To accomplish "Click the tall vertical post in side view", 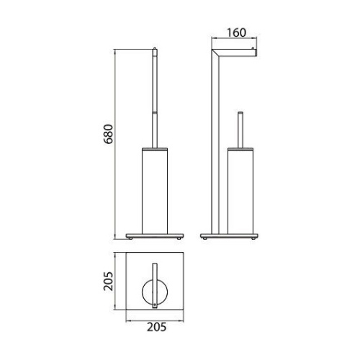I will point(214,144).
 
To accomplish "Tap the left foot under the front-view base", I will point(133,238).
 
